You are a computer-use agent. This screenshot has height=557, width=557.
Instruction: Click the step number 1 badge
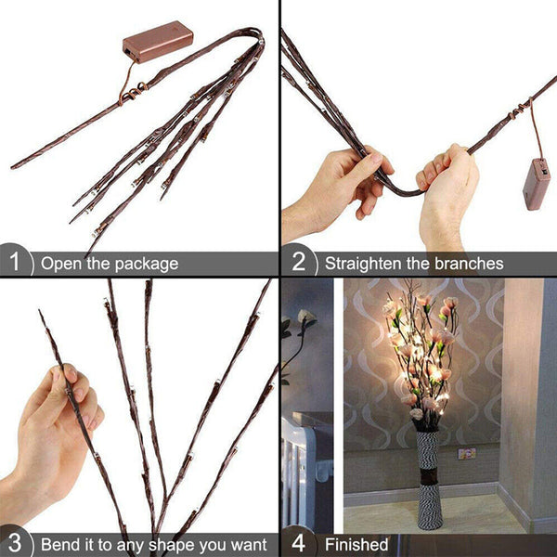click(x=14, y=263)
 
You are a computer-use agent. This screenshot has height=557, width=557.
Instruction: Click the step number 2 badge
click(x=298, y=263)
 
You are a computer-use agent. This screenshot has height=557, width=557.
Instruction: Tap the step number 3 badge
click(x=14, y=543)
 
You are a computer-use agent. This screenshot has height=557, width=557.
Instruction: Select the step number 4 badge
click(x=298, y=543)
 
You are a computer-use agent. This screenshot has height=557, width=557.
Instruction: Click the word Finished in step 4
click(x=356, y=544)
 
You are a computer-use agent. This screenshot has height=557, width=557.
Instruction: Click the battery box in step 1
click(x=158, y=41)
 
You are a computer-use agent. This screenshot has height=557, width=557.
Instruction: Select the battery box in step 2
click(x=537, y=183)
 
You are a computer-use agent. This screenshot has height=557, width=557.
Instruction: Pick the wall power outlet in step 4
click(x=467, y=453)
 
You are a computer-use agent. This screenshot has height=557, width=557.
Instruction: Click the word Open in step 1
click(x=58, y=264)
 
